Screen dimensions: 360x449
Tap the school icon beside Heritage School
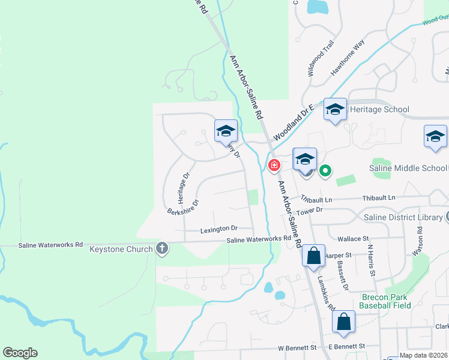(336, 110)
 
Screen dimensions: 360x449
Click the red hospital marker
(274, 164)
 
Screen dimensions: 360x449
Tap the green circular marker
(325, 172)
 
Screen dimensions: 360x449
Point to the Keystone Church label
(121, 248)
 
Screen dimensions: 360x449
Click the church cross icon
(161, 248)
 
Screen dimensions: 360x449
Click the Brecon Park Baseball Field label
(385, 301)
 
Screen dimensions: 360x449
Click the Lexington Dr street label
(218, 229)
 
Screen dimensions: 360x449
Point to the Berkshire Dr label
(182, 206)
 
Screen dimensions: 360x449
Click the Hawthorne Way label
(348, 58)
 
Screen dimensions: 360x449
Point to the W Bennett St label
(297, 347)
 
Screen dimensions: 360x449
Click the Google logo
(20, 353)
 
